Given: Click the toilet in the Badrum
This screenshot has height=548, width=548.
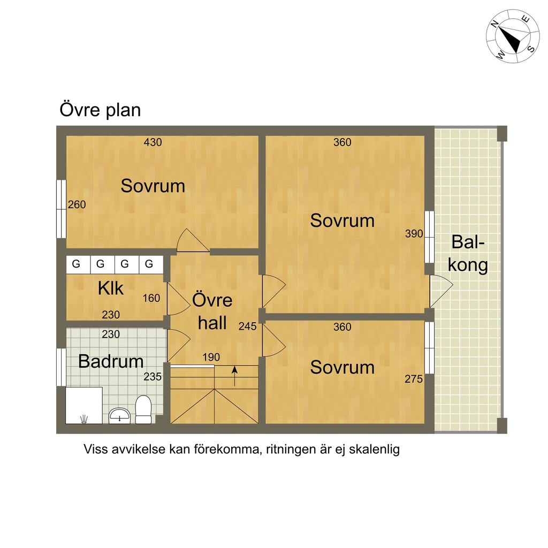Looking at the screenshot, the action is pyautogui.click(x=143, y=409).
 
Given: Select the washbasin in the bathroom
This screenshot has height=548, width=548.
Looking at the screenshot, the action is pyautogui.click(x=119, y=415).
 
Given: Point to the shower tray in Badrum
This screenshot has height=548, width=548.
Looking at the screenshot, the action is pyautogui.click(x=84, y=406).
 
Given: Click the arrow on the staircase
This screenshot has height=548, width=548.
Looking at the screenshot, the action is pyautogui.click(x=234, y=376).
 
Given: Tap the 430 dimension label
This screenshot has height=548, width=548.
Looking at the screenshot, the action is pyautogui.click(x=153, y=142).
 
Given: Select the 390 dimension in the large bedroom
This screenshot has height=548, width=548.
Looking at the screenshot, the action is pyautogui.click(x=414, y=233).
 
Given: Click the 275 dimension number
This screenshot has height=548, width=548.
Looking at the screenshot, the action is pyautogui.click(x=414, y=379).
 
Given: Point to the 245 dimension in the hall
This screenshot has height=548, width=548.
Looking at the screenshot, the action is pyautogui.click(x=247, y=326).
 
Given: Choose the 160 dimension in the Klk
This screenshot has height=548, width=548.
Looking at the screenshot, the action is pyautogui.click(x=151, y=298).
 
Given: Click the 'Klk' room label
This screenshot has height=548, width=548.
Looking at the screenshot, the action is pyautogui.click(x=110, y=288).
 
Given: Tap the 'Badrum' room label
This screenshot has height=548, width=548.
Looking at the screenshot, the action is pyautogui.click(x=111, y=361).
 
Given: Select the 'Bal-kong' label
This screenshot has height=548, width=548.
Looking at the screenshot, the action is pyautogui.click(x=468, y=253).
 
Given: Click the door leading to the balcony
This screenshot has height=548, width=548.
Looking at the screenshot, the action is pyautogui.click(x=441, y=291).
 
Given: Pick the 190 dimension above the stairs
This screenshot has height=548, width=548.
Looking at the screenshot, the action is pyautogui.click(x=211, y=357).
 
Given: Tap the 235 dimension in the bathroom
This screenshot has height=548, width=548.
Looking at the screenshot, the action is pyautogui.click(x=153, y=376).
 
